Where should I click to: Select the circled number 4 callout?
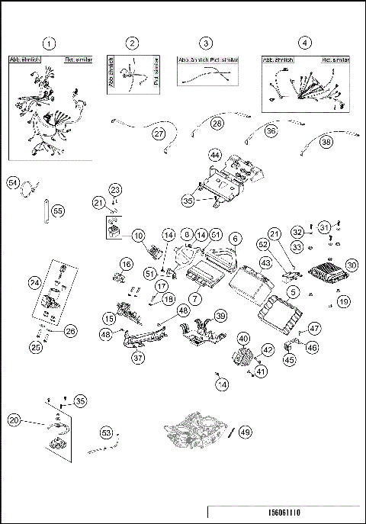click(305, 43)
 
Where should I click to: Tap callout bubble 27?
click(159, 133)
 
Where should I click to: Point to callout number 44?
click(216, 155)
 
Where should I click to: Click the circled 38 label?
click(326, 141)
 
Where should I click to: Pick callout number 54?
click(13, 183)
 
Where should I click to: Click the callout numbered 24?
click(34, 283)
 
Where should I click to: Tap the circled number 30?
click(351, 265)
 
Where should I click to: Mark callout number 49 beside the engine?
click(245, 431)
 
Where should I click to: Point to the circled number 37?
click(139, 358)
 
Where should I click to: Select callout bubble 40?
click(244, 339)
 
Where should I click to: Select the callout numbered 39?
click(220, 316)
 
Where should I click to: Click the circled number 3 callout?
click(206, 43)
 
